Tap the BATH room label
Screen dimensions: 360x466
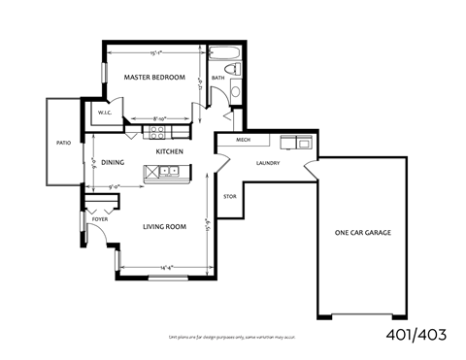pos(218,78)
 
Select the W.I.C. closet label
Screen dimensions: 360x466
pos(106,114)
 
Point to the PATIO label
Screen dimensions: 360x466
pos(63,143)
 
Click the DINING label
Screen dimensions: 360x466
pos(113,162)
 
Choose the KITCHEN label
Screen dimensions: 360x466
pos(171,152)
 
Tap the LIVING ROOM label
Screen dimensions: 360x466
pos(164,227)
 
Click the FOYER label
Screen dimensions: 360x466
pos(100,220)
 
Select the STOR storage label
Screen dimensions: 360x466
pos(230,197)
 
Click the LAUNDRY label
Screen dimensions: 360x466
pos(268,163)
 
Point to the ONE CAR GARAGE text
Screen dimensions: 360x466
pos(364,233)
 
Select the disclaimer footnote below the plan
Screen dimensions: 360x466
pos(233,337)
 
